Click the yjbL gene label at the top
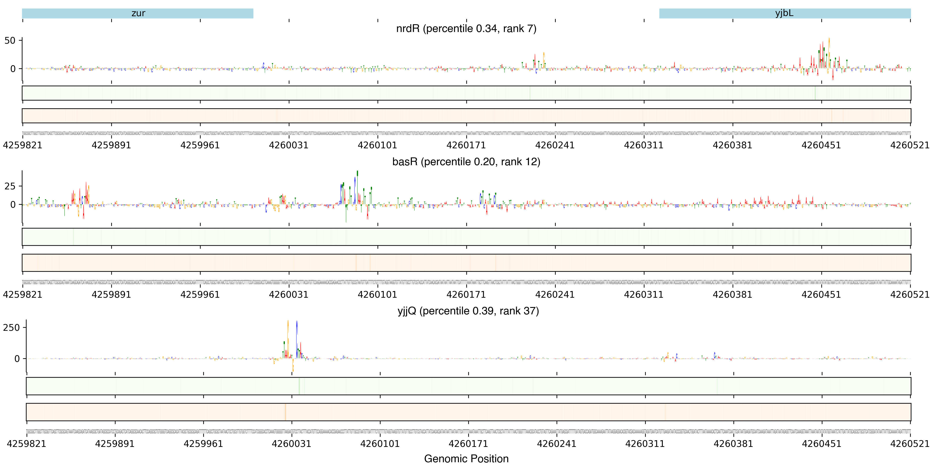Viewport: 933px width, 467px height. tap(784, 13)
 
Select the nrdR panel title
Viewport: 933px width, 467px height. tap(466, 29)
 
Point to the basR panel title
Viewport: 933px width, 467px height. tap(466, 162)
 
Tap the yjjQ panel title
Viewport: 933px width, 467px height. tap(468, 311)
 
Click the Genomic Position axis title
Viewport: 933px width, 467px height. tap(466, 459)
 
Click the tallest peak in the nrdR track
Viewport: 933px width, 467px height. tap(829, 40)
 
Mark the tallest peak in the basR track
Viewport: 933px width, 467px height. tap(357, 173)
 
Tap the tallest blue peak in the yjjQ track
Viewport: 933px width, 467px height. tap(297, 323)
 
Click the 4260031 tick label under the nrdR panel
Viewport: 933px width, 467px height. tap(289, 145)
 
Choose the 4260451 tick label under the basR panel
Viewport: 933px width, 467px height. tap(821, 294)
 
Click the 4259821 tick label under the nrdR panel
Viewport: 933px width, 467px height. tap(22, 145)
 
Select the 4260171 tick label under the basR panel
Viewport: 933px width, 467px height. tap(466, 294)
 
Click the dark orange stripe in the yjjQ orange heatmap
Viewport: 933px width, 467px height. tap(285, 412)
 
